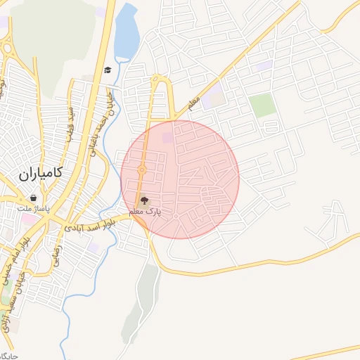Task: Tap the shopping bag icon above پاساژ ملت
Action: coord(33,198)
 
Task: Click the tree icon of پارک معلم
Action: coord(146,202)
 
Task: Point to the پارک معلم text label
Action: coord(146,212)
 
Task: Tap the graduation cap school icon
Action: coord(108,70)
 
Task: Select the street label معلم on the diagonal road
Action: coord(194,103)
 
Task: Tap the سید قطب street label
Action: coord(70,124)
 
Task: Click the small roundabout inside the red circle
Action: coord(142,169)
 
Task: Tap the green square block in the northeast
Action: coord(262,105)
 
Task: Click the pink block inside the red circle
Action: coord(167,139)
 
